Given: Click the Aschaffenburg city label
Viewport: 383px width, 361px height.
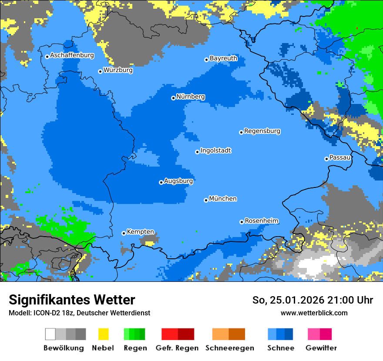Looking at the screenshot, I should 72,55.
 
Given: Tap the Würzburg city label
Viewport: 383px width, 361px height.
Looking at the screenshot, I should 118,70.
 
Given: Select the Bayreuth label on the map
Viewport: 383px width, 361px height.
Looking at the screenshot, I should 223,58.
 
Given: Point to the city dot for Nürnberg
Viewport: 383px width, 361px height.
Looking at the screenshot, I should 173,98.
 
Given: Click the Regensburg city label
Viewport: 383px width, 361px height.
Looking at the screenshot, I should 262,131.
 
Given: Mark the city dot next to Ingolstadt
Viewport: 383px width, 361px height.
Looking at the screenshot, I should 197,152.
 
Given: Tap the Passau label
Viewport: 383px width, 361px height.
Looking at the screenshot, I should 340,157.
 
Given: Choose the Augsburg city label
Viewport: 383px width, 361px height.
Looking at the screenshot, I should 178,181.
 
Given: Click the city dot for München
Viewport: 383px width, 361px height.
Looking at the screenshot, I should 206,200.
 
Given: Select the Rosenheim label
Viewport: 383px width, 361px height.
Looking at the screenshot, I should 261,221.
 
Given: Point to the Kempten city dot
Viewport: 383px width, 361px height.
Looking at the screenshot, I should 124,233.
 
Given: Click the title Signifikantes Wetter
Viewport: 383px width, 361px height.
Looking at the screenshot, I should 72,300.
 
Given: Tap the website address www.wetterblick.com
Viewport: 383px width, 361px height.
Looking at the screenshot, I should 314,313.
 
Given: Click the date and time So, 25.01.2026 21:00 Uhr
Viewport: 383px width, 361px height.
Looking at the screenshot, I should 312,300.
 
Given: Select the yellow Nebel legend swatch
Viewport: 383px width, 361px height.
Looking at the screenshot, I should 103,334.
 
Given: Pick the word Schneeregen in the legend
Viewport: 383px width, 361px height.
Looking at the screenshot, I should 229,348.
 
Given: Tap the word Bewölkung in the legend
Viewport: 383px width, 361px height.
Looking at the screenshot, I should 64,348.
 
